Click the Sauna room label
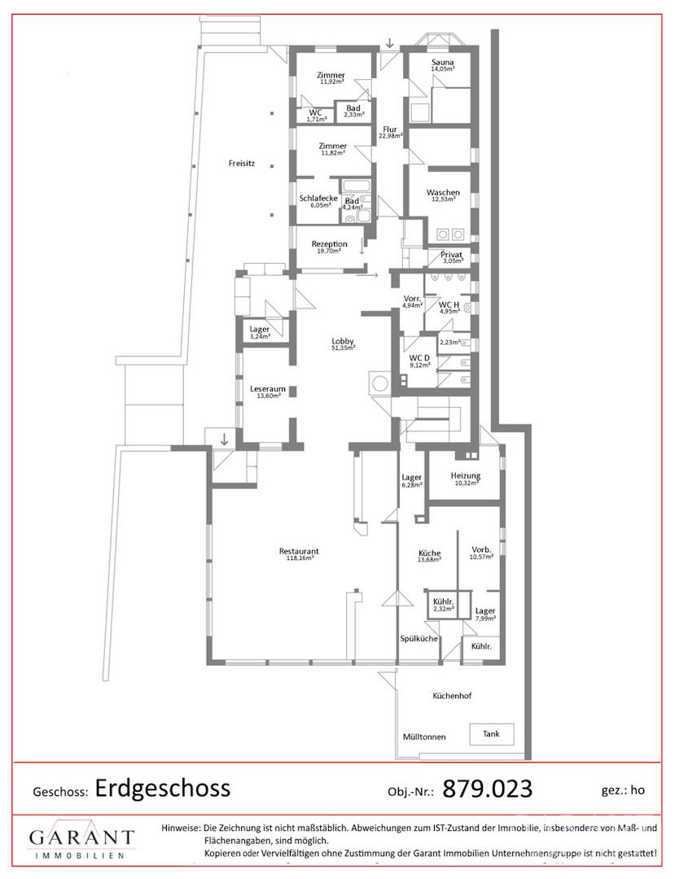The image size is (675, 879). [443, 62]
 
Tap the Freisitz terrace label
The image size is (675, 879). [242, 164]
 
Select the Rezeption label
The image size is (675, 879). [330, 244]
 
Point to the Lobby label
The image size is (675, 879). [343, 341]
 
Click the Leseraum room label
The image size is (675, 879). [268, 388]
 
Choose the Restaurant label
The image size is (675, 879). [299, 551]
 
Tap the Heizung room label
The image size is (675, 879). [465, 475]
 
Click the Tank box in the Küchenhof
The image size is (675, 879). [492, 734]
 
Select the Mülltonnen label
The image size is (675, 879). [424, 737]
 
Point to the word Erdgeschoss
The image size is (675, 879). [163, 788]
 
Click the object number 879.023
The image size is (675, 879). [487, 789]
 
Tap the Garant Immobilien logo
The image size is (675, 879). [82, 841]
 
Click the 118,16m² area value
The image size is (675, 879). [300, 558]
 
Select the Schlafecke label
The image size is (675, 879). [318, 198]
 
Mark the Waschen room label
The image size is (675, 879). [443, 192]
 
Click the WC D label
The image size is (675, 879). [419, 358]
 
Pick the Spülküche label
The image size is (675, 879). [419, 639]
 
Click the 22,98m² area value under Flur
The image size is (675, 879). [391, 136]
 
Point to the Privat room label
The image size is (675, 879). [451, 255]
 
